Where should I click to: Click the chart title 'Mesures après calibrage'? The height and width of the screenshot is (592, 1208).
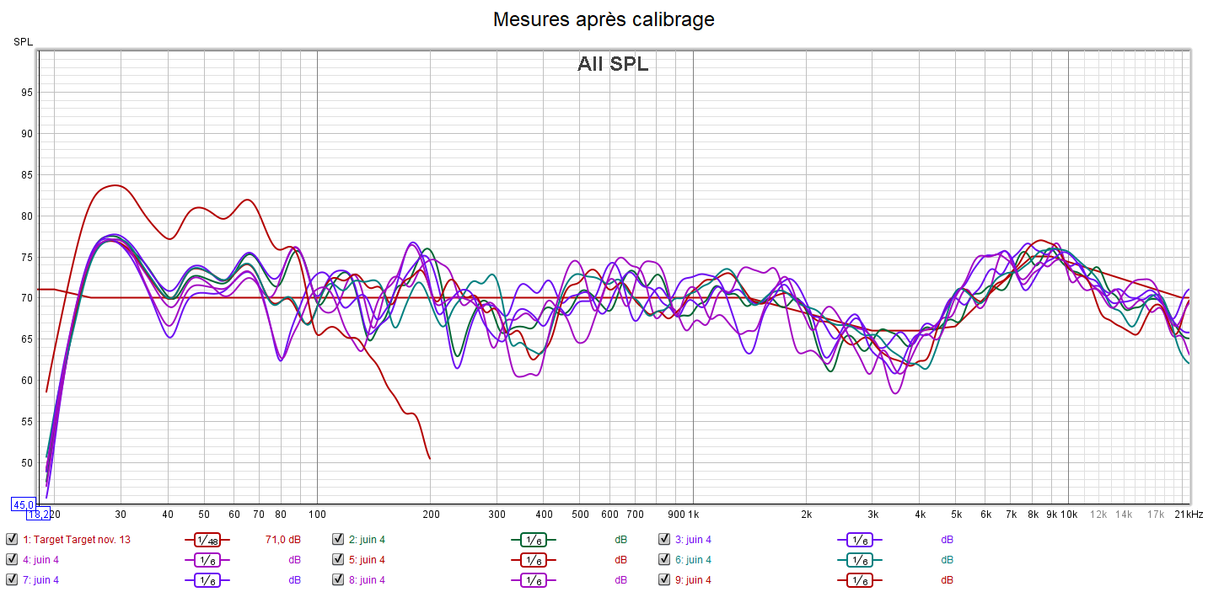point(604,19)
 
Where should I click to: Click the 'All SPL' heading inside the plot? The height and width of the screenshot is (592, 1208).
point(613,64)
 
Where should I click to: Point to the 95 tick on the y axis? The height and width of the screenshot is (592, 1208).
point(27,93)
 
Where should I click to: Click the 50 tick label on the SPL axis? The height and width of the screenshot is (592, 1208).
point(27,463)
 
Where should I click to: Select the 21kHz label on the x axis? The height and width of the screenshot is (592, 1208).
point(1189,514)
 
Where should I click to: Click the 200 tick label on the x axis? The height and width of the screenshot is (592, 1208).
point(430,514)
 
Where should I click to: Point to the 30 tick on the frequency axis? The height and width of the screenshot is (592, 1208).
point(121,514)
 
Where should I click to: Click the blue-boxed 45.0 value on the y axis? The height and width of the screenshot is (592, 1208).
point(22,504)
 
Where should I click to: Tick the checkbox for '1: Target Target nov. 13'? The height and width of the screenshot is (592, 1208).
point(11,540)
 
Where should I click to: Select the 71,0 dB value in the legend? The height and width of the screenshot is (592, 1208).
point(283,540)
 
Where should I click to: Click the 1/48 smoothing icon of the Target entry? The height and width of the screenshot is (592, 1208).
point(207,540)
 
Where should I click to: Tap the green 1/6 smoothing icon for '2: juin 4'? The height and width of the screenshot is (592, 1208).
point(533,540)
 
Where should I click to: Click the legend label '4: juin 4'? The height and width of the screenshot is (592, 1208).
point(40,560)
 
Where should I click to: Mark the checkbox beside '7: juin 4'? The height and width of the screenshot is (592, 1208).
point(11,580)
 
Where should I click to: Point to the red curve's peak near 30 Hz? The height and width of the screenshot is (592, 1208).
point(115,185)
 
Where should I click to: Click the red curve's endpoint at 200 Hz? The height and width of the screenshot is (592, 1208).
point(430,459)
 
